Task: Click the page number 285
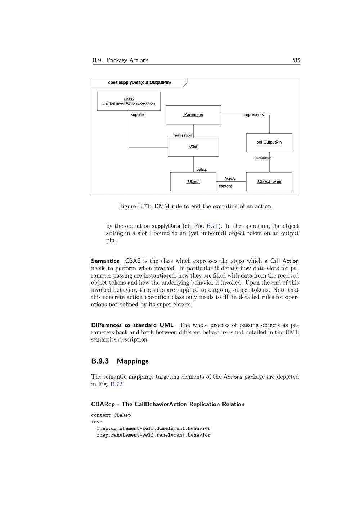click(x=295, y=60)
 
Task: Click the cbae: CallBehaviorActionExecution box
click(x=129, y=101)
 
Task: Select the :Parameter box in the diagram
click(x=193, y=115)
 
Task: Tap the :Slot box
click(x=193, y=147)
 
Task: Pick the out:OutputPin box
click(x=269, y=142)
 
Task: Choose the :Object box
click(x=193, y=181)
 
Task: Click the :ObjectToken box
click(x=269, y=181)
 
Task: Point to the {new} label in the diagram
click(x=229, y=179)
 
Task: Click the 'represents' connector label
click(x=254, y=115)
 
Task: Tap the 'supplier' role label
click(x=138, y=115)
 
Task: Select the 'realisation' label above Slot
click(x=183, y=135)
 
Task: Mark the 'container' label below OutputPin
click(x=262, y=158)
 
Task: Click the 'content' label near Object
click(x=225, y=186)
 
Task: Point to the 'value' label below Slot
click(x=202, y=170)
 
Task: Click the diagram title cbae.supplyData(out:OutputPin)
click(x=139, y=82)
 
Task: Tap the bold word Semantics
click(x=105, y=261)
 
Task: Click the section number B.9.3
click(x=100, y=361)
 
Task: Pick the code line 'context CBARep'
click(x=111, y=415)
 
